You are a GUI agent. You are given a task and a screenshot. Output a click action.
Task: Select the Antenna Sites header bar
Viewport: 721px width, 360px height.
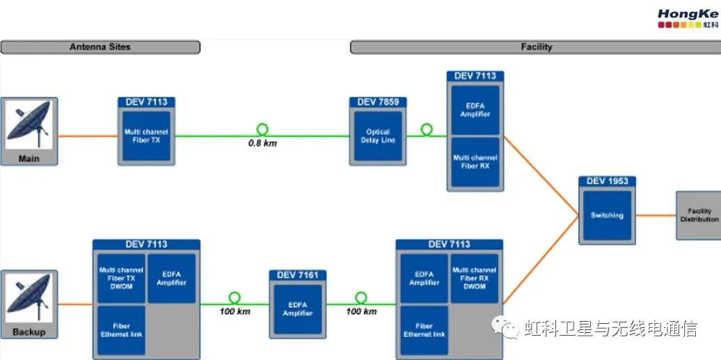tap(100, 47)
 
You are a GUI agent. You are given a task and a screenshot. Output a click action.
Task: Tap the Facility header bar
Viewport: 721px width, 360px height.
tap(536, 47)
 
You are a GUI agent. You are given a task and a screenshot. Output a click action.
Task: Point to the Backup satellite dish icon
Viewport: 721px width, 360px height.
tap(29, 299)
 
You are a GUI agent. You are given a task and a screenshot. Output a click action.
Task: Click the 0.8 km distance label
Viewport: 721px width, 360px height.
tap(262, 143)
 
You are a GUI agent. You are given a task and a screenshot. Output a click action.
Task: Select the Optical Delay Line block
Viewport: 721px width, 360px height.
tap(378, 136)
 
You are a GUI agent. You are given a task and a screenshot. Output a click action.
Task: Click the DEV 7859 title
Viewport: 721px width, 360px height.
tap(378, 102)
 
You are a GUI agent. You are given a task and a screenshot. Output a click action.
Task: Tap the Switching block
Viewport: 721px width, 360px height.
tap(607, 215)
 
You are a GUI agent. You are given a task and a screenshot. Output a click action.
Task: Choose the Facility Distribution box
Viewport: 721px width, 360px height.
tap(699, 215)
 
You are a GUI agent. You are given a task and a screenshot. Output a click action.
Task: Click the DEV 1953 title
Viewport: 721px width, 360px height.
tap(607, 181)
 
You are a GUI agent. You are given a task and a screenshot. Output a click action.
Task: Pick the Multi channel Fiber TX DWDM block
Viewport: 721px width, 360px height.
tap(121, 278)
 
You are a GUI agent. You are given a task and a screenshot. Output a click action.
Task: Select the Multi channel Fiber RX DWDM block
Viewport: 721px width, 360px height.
tap(474, 278)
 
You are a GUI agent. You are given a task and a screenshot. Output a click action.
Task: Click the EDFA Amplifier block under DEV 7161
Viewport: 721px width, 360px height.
tap(298, 309)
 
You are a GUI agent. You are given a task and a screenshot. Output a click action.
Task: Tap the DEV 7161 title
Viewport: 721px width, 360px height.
tap(298, 275)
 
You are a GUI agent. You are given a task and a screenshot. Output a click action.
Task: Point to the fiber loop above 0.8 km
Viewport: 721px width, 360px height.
tap(262, 129)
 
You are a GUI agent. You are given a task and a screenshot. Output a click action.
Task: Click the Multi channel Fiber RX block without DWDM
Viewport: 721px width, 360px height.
tap(475, 162)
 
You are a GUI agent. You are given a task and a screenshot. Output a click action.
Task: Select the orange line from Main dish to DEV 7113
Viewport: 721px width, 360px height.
tap(88, 136)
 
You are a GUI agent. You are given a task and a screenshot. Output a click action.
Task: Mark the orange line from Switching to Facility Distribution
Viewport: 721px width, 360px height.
tap(655, 215)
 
